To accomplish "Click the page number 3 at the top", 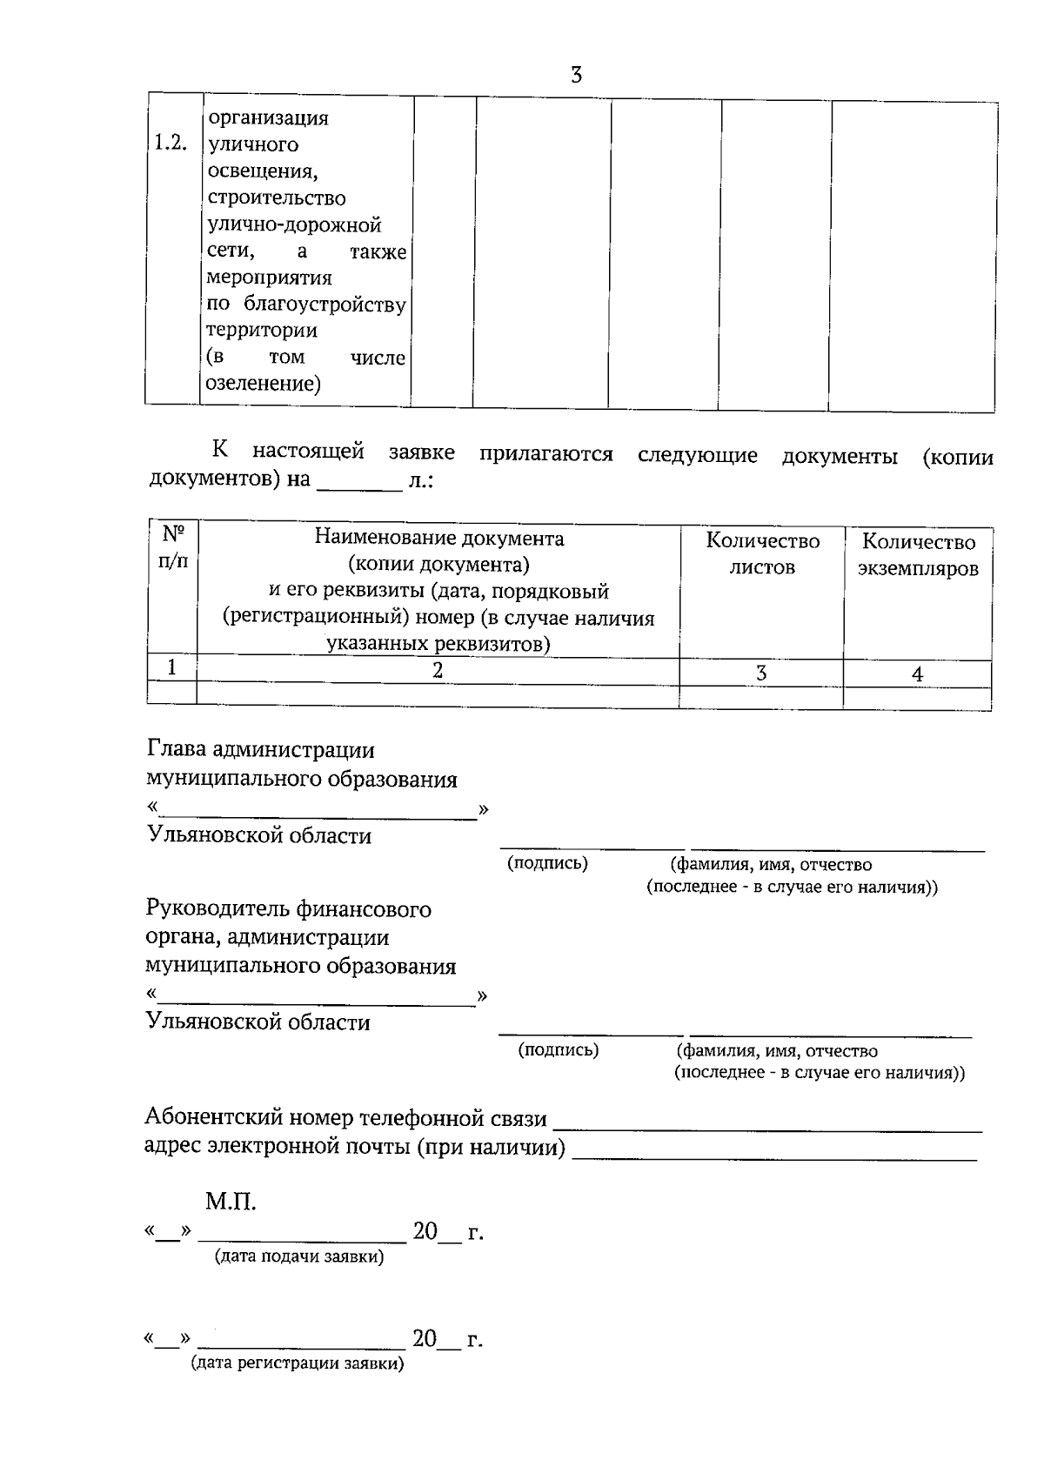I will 576,76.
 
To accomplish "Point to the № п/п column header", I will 172,546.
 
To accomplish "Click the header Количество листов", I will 762,554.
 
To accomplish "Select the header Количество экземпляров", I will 918,555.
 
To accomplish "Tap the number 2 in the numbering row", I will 438,670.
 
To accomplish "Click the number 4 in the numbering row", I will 917,674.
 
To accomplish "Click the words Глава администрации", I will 261,750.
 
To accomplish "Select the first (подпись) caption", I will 548,863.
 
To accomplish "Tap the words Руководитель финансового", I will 288,909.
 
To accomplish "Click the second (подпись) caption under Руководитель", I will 558,1050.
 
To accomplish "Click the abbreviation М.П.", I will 231,1203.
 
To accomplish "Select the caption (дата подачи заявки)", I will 298,1257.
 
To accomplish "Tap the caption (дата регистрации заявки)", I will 298,1364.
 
